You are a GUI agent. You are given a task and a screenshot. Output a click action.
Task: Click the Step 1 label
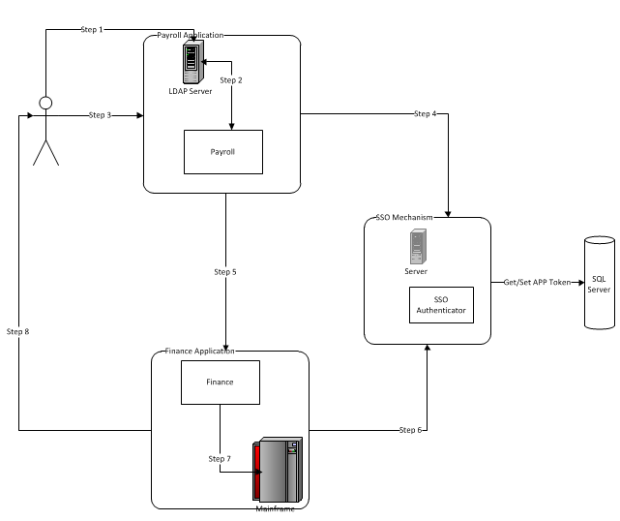tap(92, 29)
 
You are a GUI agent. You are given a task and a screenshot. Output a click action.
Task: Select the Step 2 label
tap(231, 79)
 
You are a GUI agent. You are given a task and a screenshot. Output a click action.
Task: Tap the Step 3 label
tap(100, 115)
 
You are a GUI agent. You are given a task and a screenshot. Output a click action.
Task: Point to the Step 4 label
tap(425, 114)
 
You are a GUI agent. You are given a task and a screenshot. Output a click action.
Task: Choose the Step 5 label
tap(225, 272)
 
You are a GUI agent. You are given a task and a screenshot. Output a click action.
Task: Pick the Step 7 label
tap(220, 457)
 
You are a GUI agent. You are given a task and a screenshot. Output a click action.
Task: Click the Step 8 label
tap(18, 331)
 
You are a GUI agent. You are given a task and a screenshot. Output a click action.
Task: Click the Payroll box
tap(222, 152)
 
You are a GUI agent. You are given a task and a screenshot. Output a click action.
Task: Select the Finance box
tap(220, 382)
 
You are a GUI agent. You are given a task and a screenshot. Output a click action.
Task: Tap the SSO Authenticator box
tap(440, 305)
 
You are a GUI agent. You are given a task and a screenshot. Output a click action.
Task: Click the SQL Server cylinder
tap(600, 284)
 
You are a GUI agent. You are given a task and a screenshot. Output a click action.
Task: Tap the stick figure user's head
tap(44, 104)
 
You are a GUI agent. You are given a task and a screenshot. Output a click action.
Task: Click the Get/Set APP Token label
tap(538, 283)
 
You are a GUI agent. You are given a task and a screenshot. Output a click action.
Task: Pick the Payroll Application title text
tap(191, 36)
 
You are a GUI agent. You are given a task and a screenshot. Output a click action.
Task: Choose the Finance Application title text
tap(200, 351)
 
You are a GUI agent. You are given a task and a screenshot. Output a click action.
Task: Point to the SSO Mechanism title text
tap(405, 218)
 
